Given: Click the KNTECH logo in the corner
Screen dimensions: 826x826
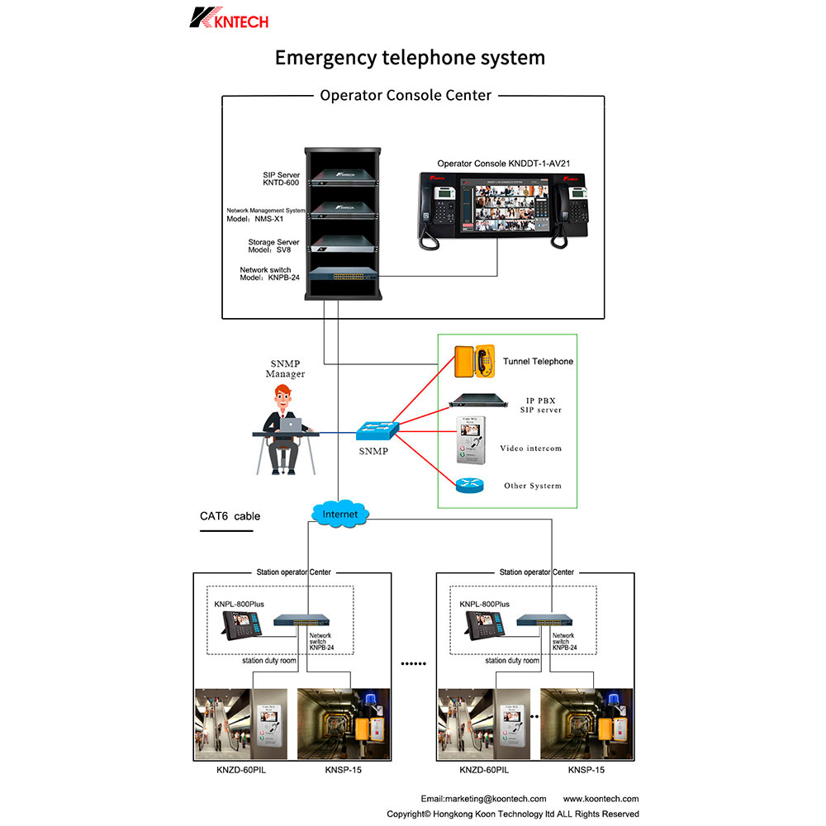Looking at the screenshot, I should coord(229,18).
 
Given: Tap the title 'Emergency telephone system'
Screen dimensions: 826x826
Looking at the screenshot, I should coord(410,58).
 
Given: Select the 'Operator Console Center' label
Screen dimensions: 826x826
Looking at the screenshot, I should coord(406,95).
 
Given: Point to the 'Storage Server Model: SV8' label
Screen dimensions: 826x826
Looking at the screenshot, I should coord(274,246).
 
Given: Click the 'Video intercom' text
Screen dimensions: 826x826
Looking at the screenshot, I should coord(530,449).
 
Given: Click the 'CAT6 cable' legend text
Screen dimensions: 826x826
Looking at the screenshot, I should coord(230,516).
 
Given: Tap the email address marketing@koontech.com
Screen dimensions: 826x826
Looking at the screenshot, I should coord(483,799).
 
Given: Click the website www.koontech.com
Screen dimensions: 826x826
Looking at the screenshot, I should coord(601,799).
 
